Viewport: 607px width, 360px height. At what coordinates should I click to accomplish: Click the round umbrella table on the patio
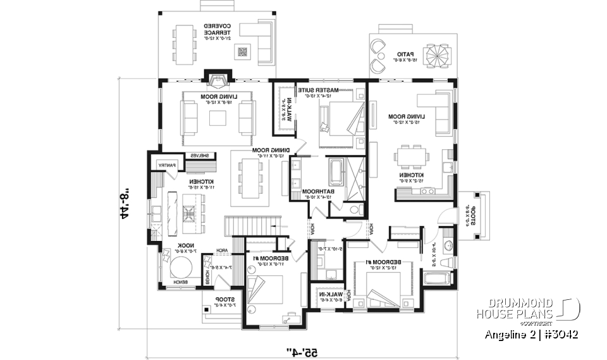[436, 54]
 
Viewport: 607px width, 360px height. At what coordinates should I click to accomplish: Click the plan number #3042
[560, 333]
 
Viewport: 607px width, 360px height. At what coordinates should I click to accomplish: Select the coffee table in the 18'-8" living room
[218, 118]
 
